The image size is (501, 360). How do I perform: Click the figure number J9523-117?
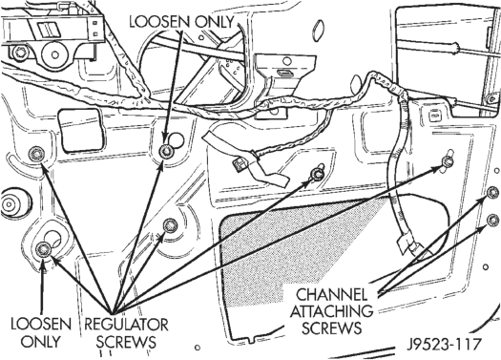444,345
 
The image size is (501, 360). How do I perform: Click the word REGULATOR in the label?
126,325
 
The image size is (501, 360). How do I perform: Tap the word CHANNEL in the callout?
332,295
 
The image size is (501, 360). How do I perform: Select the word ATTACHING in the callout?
332,311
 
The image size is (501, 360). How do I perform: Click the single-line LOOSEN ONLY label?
181,22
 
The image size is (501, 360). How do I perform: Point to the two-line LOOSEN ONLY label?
41,332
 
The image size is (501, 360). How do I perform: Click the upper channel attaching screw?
492,192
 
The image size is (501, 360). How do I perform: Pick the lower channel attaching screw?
492,221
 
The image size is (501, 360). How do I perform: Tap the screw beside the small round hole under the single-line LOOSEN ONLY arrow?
166,150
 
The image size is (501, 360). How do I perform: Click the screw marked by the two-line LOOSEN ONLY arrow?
43,248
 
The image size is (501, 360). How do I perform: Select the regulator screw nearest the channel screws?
448,161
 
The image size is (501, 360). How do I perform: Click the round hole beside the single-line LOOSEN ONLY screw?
176,140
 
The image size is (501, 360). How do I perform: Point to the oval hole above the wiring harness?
318,31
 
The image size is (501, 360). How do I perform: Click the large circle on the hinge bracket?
55,54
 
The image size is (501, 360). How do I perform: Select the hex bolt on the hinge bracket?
20,53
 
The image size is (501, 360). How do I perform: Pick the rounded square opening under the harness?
81,130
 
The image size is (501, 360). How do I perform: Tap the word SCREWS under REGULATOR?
126,342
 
